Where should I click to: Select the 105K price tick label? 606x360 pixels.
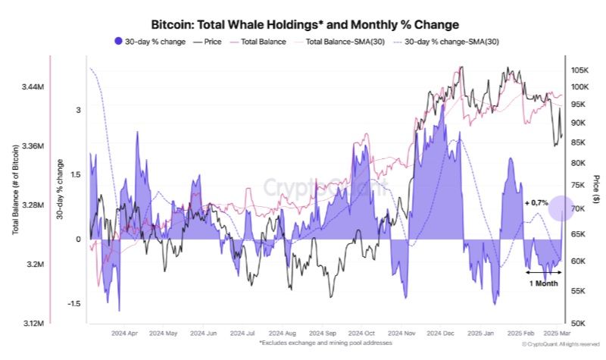click(582, 70)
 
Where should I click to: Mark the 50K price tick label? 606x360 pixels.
click(579, 321)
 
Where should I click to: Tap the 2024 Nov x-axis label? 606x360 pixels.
click(401, 333)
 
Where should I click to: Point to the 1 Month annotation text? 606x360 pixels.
click(543, 283)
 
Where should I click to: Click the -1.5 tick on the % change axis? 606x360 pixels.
click(73, 303)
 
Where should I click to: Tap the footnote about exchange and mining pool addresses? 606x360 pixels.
click(326, 343)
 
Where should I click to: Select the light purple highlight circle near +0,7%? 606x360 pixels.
click(562, 208)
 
